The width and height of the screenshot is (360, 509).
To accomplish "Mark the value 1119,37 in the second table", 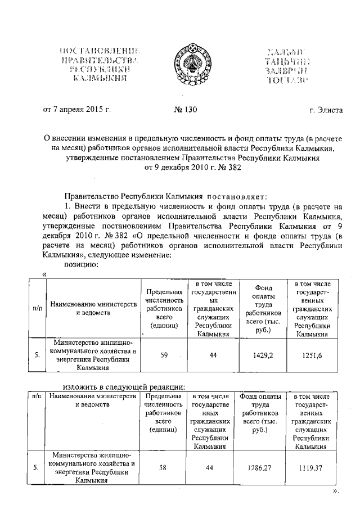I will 311,467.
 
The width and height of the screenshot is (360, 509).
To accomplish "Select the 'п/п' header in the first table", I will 37,308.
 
